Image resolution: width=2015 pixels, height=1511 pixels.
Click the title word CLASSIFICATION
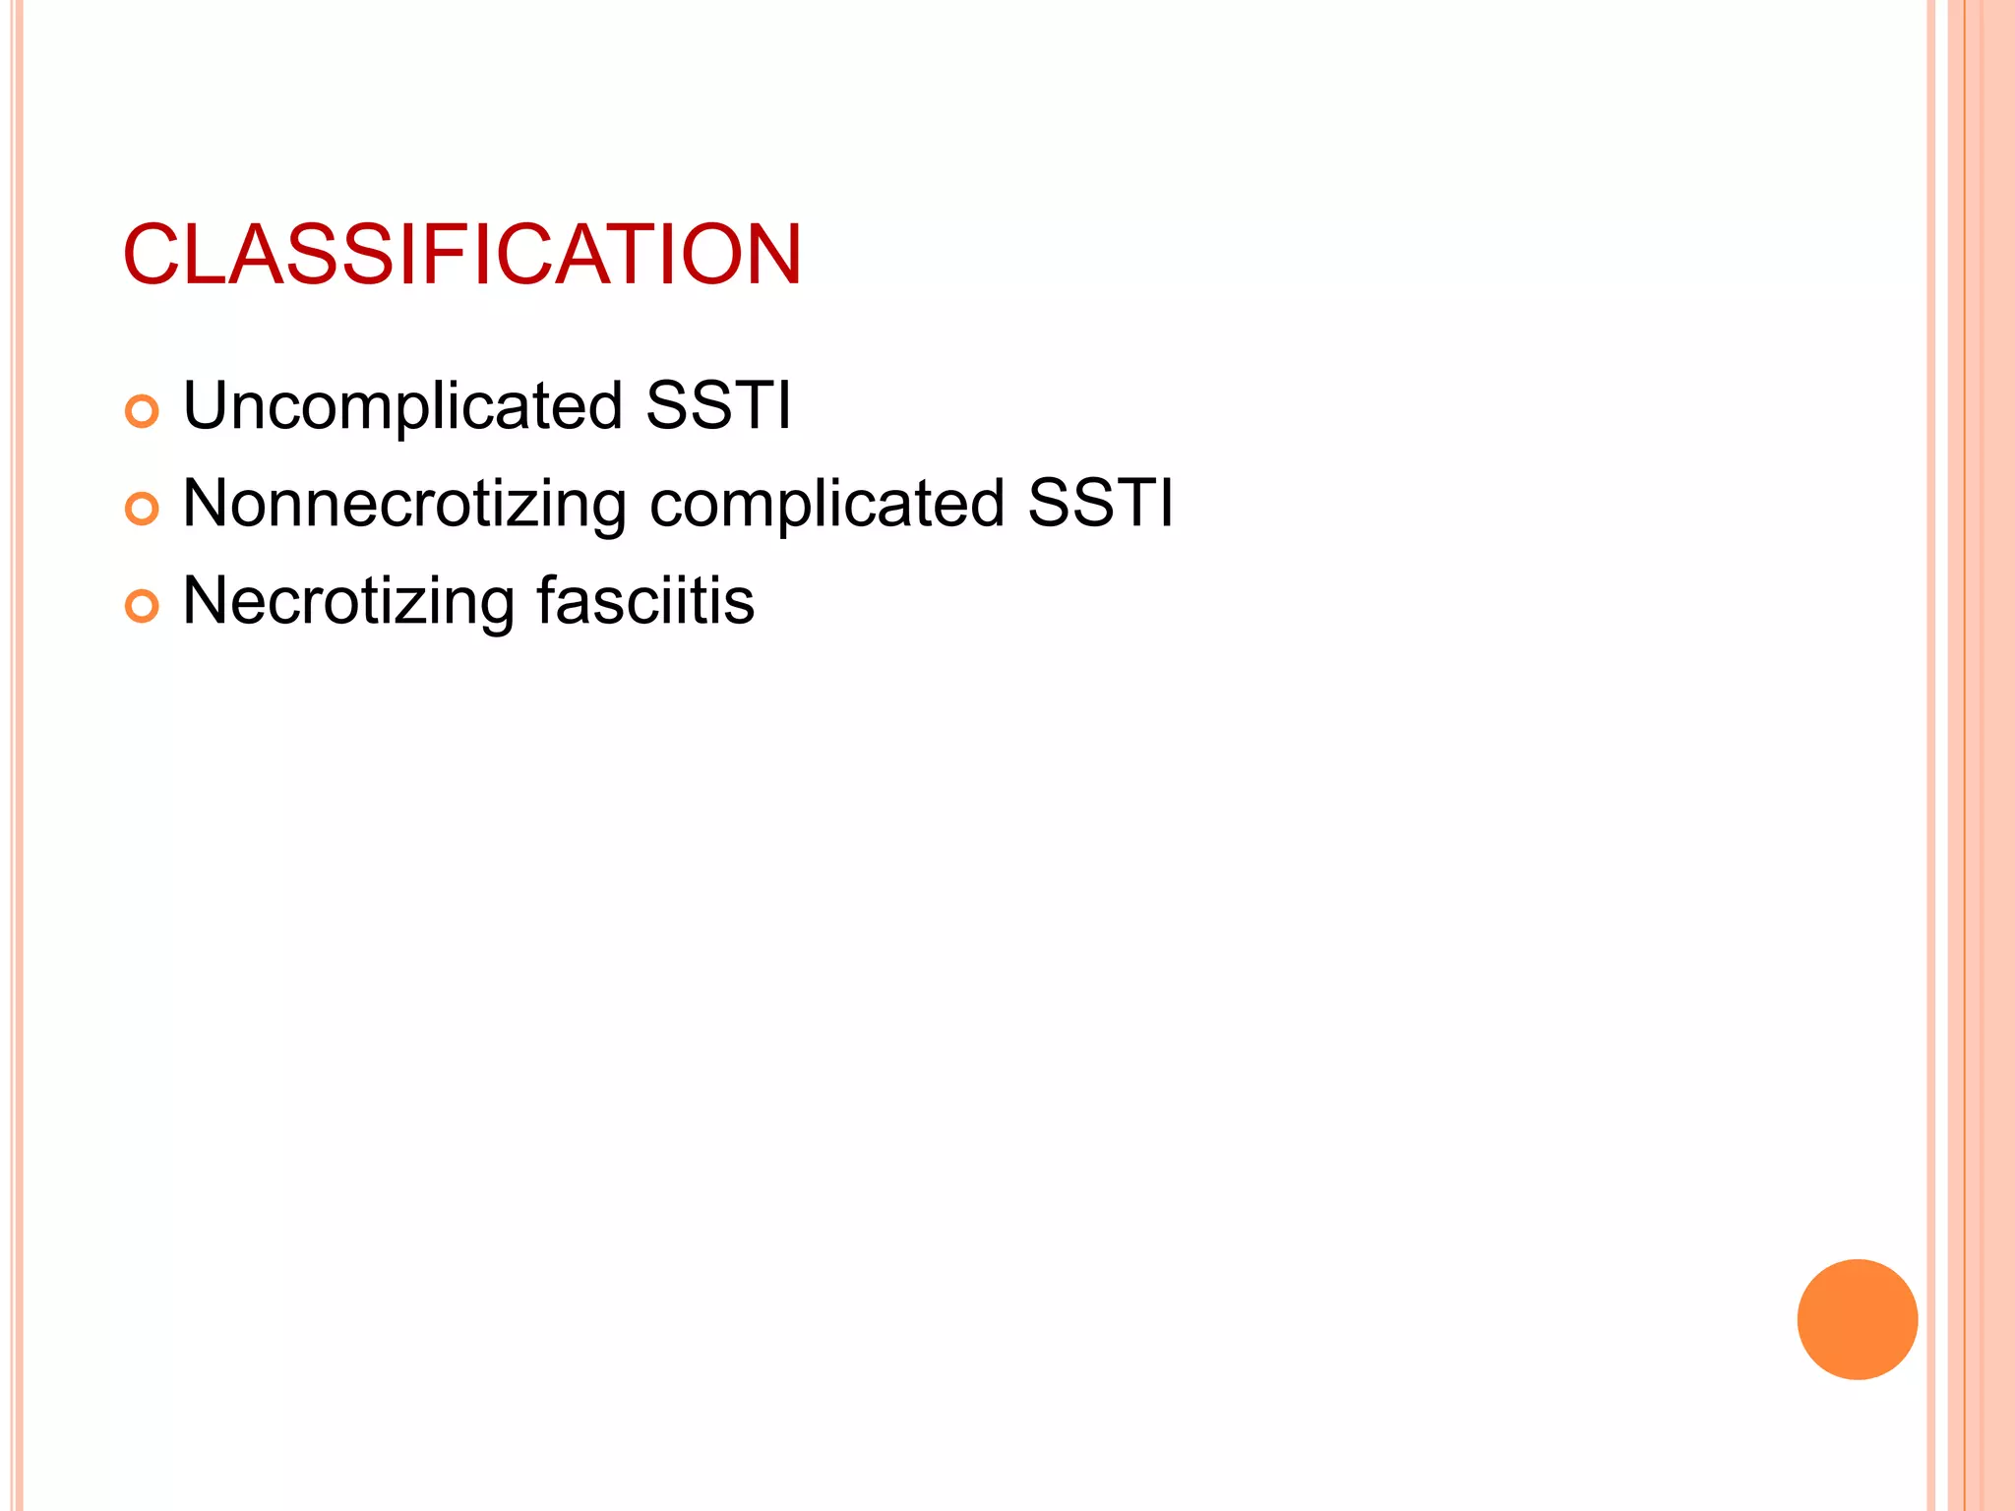(462, 256)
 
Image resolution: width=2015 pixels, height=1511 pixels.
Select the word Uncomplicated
(403, 406)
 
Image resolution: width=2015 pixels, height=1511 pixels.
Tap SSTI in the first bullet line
(718, 405)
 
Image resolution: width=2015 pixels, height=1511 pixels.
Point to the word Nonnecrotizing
(404, 505)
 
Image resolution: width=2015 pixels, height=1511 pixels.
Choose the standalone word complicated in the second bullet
(826, 505)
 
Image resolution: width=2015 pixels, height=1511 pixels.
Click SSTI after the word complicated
(1100, 504)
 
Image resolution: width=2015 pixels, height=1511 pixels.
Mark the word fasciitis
(645, 600)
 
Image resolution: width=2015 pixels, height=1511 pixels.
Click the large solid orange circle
(1857, 1319)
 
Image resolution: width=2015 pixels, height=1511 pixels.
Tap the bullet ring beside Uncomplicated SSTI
(142, 411)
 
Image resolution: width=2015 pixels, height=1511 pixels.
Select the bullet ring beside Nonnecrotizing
(142, 509)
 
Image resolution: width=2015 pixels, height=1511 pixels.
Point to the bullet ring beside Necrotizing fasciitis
(142, 606)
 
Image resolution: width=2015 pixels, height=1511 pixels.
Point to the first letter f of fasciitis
(547, 600)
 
